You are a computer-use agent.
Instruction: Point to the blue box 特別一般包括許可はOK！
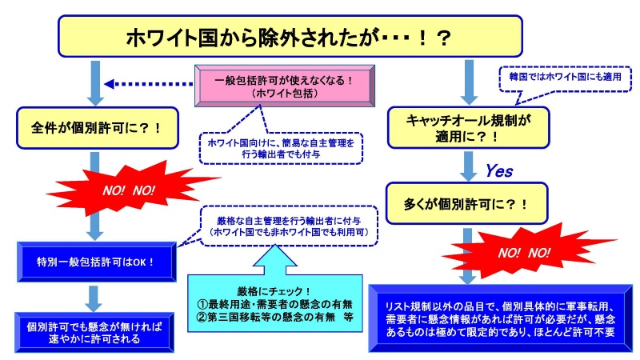click(96, 262)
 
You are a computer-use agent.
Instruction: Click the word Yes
click(499, 171)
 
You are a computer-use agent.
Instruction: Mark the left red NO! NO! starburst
click(128, 191)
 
